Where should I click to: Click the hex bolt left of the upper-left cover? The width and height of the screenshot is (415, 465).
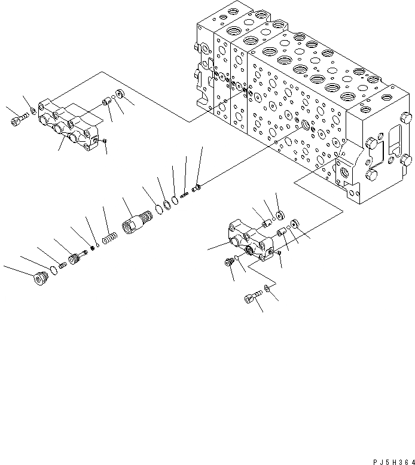coord(17,121)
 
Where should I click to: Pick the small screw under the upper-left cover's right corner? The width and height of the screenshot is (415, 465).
coord(105,141)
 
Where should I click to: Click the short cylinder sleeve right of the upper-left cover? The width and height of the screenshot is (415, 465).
coord(107,101)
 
